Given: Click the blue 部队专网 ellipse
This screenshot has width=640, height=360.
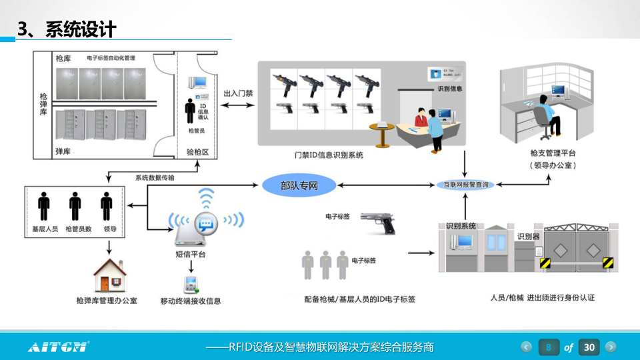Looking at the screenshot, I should [x=299, y=185].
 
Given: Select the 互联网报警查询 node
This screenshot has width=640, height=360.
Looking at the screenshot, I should [x=465, y=185].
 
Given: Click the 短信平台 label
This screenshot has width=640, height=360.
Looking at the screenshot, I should [x=190, y=254].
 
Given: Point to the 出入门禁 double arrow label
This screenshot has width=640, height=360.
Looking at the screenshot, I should [x=237, y=94].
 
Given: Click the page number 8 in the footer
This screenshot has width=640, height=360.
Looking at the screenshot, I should [x=549, y=347].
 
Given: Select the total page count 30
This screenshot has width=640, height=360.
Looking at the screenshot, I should [x=589, y=347].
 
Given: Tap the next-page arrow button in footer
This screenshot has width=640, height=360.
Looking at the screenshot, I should [x=611, y=347].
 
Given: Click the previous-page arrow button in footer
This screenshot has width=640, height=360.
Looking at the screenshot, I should [x=527, y=347].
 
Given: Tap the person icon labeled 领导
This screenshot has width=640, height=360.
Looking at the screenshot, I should [x=107, y=206].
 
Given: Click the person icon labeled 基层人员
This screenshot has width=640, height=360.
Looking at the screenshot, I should [x=45, y=206].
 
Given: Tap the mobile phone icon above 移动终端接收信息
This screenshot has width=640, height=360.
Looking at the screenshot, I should [x=191, y=284].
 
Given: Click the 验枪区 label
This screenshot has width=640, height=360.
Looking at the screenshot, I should [x=197, y=152].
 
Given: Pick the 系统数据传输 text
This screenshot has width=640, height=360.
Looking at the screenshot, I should [x=155, y=177].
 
